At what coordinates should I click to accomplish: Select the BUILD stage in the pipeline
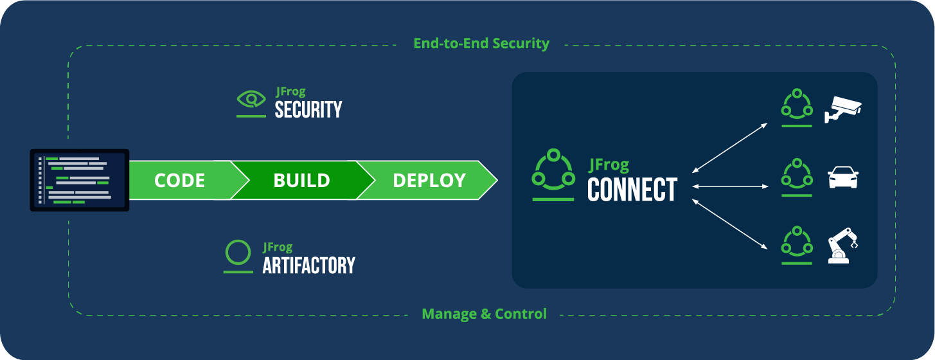pyautogui.click(x=302, y=180)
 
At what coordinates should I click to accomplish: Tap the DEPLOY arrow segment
pyautogui.click(x=430, y=180)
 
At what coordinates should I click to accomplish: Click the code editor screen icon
pyautogui.click(x=79, y=180)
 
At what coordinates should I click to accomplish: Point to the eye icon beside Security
pyautogui.click(x=251, y=100)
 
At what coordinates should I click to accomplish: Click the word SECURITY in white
pyautogui.click(x=308, y=109)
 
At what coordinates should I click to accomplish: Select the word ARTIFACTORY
pyautogui.click(x=308, y=265)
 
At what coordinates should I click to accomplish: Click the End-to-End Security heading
pyautogui.click(x=481, y=44)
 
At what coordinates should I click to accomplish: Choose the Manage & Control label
pyautogui.click(x=484, y=314)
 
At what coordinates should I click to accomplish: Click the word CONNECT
pyautogui.click(x=632, y=190)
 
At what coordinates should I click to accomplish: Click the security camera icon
pyautogui.click(x=842, y=109)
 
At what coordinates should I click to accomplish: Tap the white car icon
pyautogui.click(x=843, y=177)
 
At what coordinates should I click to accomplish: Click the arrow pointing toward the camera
pyautogui.click(x=729, y=147)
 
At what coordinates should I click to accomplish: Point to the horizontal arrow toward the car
pyautogui.click(x=730, y=186)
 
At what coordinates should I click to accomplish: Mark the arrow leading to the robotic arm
pyautogui.click(x=729, y=225)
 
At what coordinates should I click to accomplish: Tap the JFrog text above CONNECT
pyautogui.click(x=609, y=165)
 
